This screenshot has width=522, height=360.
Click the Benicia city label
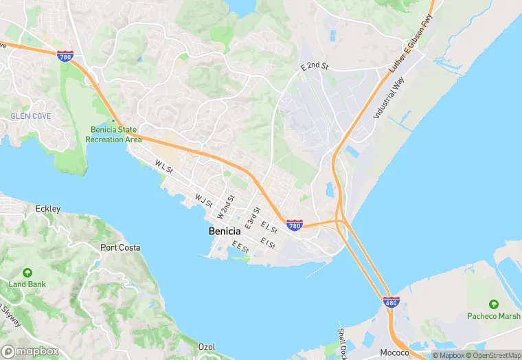tap(224, 232)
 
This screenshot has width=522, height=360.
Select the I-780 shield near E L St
tap(295, 225)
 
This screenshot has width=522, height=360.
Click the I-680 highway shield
tap(391, 302)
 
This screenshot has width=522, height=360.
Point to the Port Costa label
tap(120, 247)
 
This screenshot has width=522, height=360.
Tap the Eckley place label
tap(48, 209)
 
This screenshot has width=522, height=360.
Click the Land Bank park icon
tap(27, 273)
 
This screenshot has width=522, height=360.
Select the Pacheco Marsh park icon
tap(493, 304)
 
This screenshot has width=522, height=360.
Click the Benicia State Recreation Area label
tap(113, 135)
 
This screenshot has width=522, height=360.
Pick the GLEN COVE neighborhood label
tap(30, 117)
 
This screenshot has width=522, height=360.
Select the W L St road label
tap(164, 167)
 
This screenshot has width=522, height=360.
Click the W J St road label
tap(203, 201)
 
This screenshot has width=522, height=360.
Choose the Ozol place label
tap(207, 346)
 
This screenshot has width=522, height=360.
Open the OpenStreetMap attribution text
tap(492, 355)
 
